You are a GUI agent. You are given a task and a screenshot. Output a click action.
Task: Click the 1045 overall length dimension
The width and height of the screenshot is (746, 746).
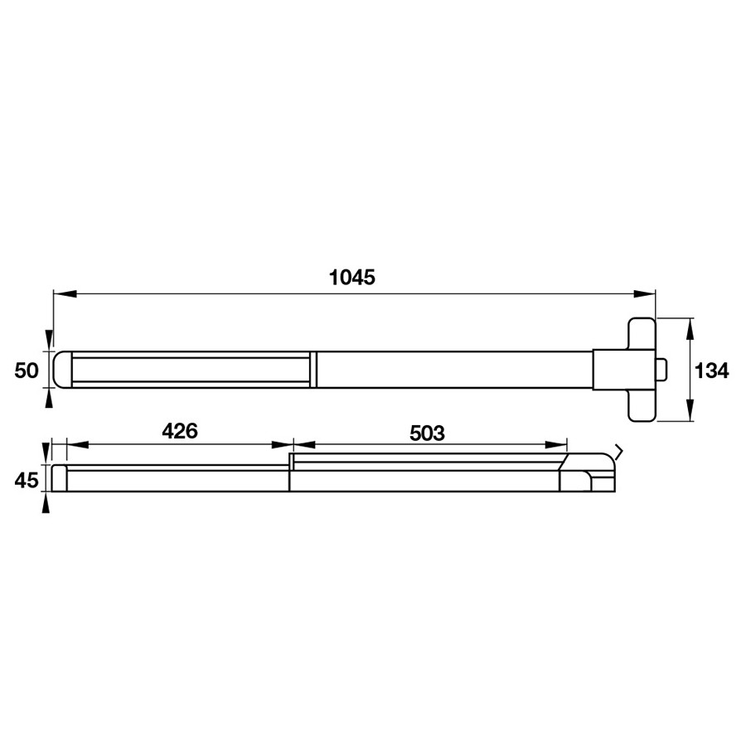tap(352, 277)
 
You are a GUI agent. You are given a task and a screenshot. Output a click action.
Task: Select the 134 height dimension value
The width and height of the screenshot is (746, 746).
tap(712, 371)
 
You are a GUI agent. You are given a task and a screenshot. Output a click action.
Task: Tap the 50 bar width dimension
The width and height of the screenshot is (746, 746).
tap(27, 371)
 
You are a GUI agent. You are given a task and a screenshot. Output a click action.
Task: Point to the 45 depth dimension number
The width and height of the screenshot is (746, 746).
tap(27, 481)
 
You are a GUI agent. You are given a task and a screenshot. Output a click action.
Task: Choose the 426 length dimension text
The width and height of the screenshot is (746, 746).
tap(180, 431)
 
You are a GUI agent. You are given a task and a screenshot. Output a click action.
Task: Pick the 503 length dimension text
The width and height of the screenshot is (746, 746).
tap(427, 433)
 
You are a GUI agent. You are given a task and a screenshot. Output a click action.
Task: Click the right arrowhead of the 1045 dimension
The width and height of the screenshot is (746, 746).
tap(644, 294)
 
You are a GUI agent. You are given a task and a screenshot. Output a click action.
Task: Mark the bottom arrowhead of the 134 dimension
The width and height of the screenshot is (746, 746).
tap(690, 410)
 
